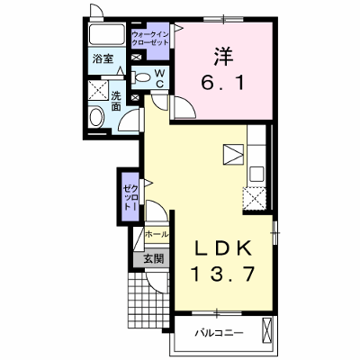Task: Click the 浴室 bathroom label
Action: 103,59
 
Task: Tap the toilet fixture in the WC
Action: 141,77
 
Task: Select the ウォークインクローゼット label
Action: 150,38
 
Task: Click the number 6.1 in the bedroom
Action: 223,82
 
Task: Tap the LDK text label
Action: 223,248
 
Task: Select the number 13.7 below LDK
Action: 223,274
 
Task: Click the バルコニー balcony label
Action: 219,333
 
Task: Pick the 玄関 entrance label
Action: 154,258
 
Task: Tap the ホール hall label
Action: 157,234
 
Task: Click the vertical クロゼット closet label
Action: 131,197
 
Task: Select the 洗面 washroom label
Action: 116,101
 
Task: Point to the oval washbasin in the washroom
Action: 96,118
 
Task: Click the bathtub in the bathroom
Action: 107,34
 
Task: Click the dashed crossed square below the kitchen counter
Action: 255,199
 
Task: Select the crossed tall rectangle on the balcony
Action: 267,330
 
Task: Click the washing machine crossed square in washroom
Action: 98,90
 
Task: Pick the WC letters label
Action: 159,78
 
